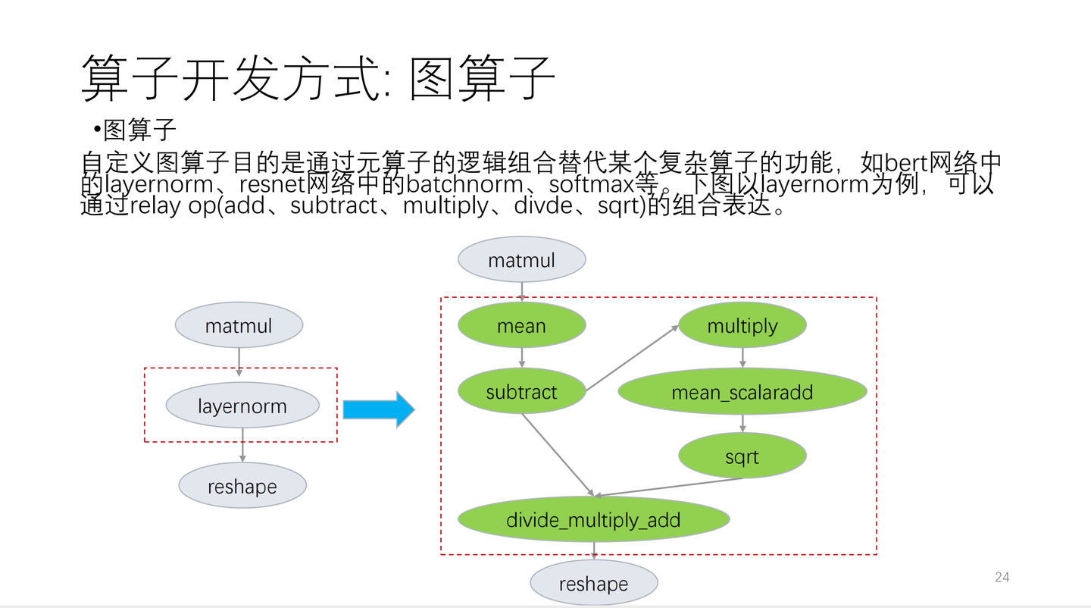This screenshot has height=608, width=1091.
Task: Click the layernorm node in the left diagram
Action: [x=242, y=406]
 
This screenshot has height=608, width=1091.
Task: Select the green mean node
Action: [x=521, y=326]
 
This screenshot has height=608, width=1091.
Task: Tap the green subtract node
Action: [x=521, y=392]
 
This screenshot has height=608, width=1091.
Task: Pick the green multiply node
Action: [x=742, y=326]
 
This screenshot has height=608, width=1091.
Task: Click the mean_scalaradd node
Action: [x=742, y=392]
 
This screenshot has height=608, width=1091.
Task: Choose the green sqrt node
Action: [x=742, y=457]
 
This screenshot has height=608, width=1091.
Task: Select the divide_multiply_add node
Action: [x=593, y=520]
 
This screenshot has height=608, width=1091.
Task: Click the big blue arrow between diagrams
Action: [x=378, y=409]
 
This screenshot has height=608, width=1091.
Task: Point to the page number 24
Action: [x=1002, y=578]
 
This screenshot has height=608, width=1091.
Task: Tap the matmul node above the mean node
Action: [x=521, y=260]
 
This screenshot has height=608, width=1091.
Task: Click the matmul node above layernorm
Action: [x=239, y=326]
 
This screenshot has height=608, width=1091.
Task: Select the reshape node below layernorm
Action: [x=242, y=486]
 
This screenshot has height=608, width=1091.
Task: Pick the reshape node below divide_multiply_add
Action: [x=593, y=584]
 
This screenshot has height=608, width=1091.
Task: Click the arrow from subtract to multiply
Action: [x=633, y=358]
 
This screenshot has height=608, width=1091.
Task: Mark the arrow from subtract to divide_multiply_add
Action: [x=557, y=454]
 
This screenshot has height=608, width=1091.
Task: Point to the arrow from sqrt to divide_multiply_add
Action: [x=670, y=487]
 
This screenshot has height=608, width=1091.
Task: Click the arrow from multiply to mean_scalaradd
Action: [x=742, y=357]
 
